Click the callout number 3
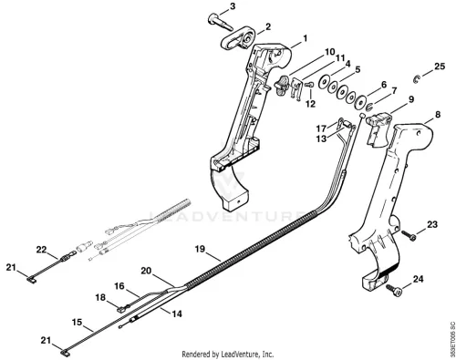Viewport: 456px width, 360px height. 233,6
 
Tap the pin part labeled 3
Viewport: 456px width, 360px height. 220,22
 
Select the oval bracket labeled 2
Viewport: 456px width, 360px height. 238,40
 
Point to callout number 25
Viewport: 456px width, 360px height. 440,67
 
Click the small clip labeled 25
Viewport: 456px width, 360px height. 416,79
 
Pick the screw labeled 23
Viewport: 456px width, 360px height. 409,235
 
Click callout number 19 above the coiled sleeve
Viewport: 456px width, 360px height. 200,249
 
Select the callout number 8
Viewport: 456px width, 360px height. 438,115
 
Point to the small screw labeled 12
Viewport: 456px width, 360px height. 309,86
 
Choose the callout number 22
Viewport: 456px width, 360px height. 41,250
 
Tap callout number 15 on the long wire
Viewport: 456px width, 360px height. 78,322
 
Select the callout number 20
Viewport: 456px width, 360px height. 146,271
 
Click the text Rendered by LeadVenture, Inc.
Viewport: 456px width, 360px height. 228,355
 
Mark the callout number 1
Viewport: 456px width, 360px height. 306,38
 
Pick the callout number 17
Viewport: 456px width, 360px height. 321,129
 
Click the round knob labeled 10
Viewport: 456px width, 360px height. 281,84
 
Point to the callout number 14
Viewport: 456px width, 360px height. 177,314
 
